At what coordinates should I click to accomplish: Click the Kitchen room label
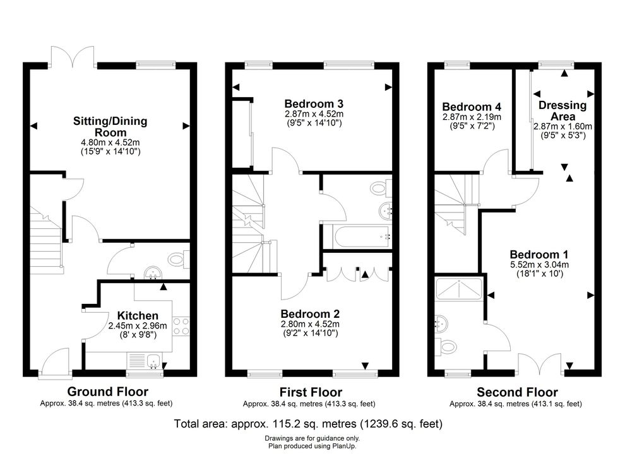(138, 316)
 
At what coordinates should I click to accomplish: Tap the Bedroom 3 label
(314, 104)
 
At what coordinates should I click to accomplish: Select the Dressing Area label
(562, 111)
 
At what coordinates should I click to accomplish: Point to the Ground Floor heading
(107, 392)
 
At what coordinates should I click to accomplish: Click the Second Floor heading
(517, 392)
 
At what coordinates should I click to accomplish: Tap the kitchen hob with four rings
(181, 326)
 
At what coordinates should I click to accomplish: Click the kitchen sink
(153, 361)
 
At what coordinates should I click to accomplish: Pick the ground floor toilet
(179, 260)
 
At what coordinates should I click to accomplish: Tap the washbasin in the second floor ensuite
(441, 323)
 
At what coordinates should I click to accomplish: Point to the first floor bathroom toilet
(381, 187)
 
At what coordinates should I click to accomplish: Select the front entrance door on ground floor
(56, 361)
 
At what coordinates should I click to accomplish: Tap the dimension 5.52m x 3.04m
(539, 264)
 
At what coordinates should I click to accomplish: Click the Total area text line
(308, 424)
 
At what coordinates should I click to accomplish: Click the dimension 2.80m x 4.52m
(310, 324)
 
